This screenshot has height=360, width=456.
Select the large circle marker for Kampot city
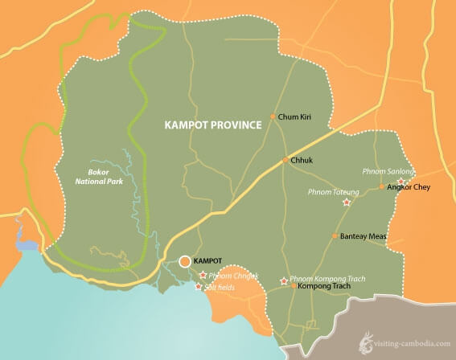pyautogui.click(x=186, y=261)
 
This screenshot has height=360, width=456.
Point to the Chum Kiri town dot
pyautogui.click(x=273, y=117)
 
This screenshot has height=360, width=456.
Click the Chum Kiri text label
pyautogui.click(x=294, y=117)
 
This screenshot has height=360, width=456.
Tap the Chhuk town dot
pyautogui.click(x=284, y=161)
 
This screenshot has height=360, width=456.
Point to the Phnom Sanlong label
pyautogui.click(x=388, y=172)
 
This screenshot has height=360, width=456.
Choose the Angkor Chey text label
pyautogui.click(x=406, y=188)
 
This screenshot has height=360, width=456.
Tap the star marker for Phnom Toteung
pyautogui.click(x=347, y=202)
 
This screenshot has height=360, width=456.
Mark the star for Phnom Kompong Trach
pyautogui.click(x=283, y=280)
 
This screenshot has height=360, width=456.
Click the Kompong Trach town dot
pyautogui.click(x=294, y=286)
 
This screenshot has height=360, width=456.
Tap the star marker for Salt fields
pyautogui.click(x=199, y=286)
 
